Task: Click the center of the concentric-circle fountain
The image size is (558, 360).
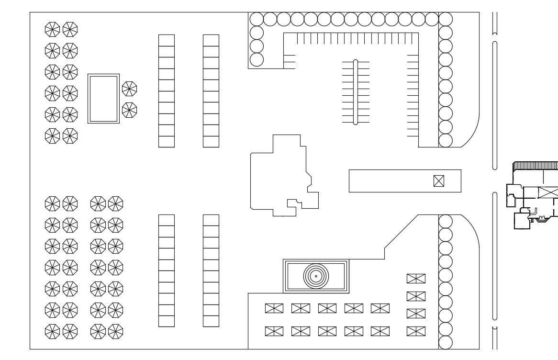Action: click(x=316, y=276)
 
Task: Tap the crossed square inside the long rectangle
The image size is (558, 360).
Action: click(x=438, y=181)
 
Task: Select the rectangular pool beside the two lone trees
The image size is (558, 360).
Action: click(x=103, y=99)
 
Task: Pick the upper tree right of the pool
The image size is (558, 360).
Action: click(x=129, y=89)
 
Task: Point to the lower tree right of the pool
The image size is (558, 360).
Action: click(x=129, y=110)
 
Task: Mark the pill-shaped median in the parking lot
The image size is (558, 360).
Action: click(x=356, y=92)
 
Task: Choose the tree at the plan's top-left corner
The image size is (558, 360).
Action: click(x=52, y=29)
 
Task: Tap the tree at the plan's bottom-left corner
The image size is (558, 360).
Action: click(x=52, y=331)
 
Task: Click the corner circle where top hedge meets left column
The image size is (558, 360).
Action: click(x=257, y=19)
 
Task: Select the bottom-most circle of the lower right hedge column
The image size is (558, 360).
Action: click(x=446, y=342)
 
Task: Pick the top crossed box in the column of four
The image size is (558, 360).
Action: click(x=416, y=279)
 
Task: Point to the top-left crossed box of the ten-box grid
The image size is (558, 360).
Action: click(x=274, y=308)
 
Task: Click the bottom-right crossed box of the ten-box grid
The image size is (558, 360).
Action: click(x=380, y=331)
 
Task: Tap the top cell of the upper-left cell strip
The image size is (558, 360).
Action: click(x=167, y=40)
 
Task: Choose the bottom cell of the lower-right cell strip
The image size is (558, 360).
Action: click(x=211, y=321)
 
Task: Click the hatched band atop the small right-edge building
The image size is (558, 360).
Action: click(x=535, y=166)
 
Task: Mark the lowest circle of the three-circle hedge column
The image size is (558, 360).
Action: click(x=257, y=59)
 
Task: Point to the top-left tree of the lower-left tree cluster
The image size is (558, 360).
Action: click(x=52, y=203)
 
